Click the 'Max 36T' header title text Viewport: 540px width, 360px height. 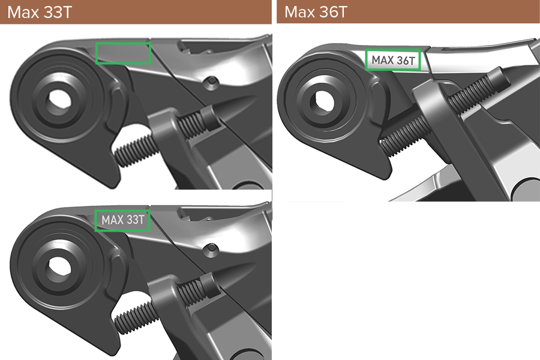[x=316, y=12]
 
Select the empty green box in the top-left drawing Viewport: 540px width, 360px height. [x=123, y=53]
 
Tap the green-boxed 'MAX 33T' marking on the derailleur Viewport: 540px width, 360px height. [x=123, y=220]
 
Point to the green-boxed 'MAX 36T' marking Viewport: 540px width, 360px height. [x=394, y=59]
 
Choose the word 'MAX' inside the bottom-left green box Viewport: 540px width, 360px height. [x=112, y=220]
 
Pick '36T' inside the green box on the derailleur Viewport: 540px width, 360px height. [x=406, y=59]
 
